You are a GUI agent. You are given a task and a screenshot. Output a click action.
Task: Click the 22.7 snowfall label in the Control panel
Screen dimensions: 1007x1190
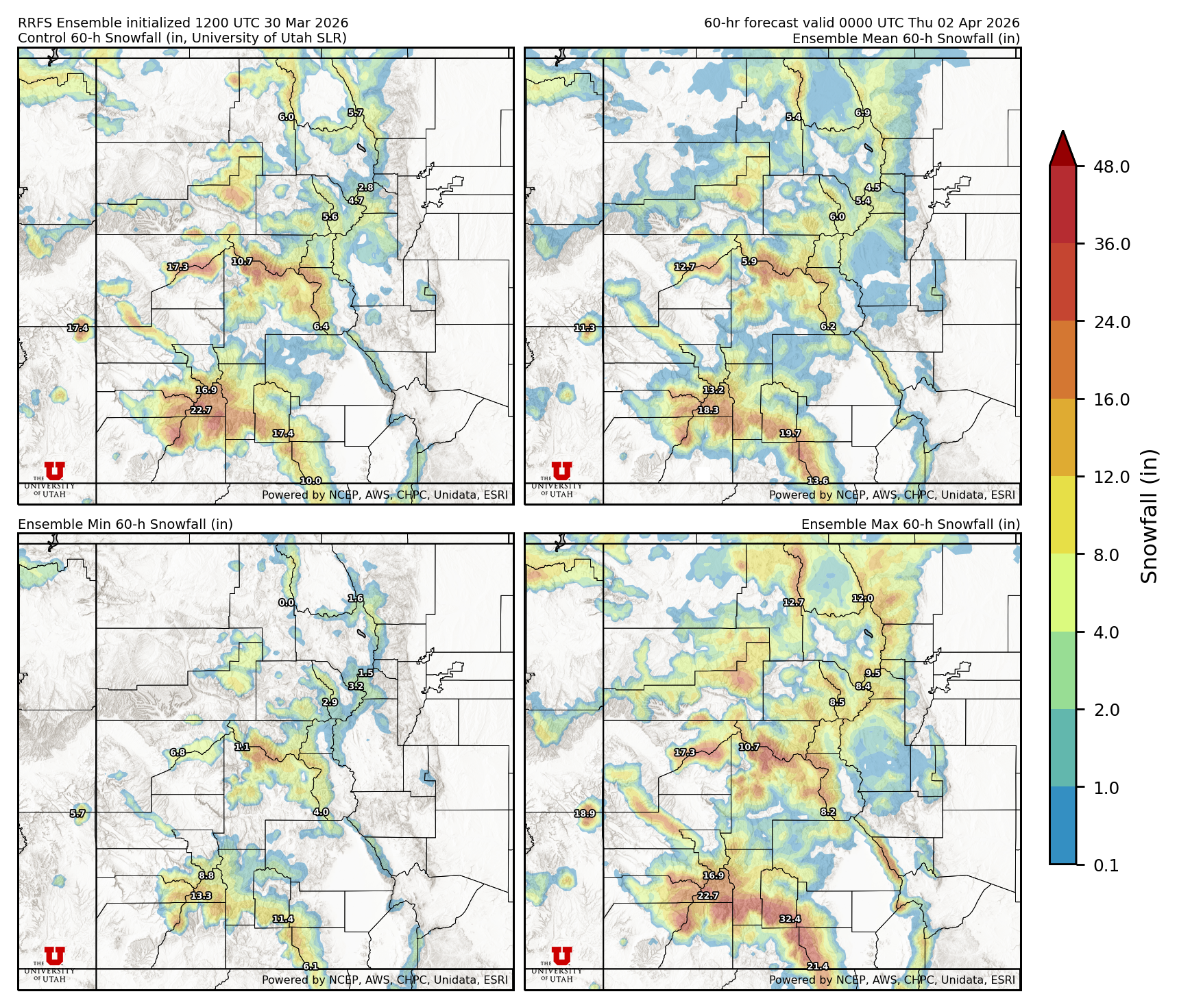click(201, 410)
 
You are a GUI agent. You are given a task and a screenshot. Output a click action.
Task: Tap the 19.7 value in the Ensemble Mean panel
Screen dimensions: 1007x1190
click(790, 434)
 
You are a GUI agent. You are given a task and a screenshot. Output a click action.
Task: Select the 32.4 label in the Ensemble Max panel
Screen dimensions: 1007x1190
click(790, 919)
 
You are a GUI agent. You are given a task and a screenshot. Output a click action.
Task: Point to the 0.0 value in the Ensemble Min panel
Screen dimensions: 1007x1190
click(286, 603)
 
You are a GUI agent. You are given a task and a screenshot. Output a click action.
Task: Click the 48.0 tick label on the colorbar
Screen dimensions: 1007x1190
click(1111, 166)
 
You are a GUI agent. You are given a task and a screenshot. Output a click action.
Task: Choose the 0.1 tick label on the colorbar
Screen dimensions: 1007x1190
click(1106, 865)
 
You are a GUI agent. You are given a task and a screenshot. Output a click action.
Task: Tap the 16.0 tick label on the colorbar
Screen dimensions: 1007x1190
click(1111, 399)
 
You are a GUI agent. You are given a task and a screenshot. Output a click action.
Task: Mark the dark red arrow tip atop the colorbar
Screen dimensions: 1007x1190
click(1062, 145)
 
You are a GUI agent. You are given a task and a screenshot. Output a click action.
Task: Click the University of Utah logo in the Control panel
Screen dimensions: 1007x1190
click(54, 478)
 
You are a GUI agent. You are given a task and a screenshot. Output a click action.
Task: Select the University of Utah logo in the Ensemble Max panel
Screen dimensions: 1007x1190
click(561, 963)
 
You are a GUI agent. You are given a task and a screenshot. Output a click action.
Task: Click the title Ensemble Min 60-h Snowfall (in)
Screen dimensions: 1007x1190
click(125, 524)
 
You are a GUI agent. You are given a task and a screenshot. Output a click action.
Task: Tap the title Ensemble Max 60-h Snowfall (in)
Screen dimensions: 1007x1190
click(910, 524)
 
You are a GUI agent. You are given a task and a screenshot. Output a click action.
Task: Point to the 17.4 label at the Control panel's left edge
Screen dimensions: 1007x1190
click(77, 328)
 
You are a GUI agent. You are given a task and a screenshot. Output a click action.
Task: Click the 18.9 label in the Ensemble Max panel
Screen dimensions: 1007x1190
click(584, 813)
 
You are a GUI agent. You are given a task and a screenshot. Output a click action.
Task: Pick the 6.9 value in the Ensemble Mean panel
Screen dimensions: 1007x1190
click(862, 113)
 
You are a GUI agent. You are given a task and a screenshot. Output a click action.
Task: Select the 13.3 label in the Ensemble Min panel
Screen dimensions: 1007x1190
click(201, 895)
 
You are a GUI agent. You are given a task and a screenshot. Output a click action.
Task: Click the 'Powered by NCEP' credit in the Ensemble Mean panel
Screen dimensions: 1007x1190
click(891, 495)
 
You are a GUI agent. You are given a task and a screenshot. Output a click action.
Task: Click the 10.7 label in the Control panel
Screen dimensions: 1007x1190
click(242, 261)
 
